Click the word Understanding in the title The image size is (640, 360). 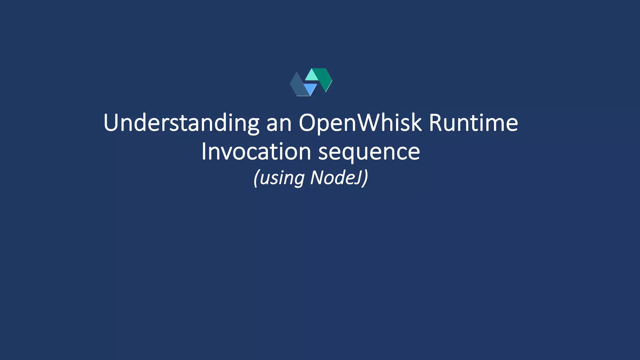coord(181,123)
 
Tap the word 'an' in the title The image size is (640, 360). coord(279,123)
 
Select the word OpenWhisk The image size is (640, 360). coord(360,123)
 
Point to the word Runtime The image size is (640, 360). coord(473,122)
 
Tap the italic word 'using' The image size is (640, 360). coord(282,178)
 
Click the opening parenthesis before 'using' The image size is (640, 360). coord(256,178)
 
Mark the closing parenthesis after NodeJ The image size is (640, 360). coord(365,178)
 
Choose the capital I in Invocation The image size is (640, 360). coord(204,151)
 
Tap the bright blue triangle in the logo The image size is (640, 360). coord(310,88)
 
